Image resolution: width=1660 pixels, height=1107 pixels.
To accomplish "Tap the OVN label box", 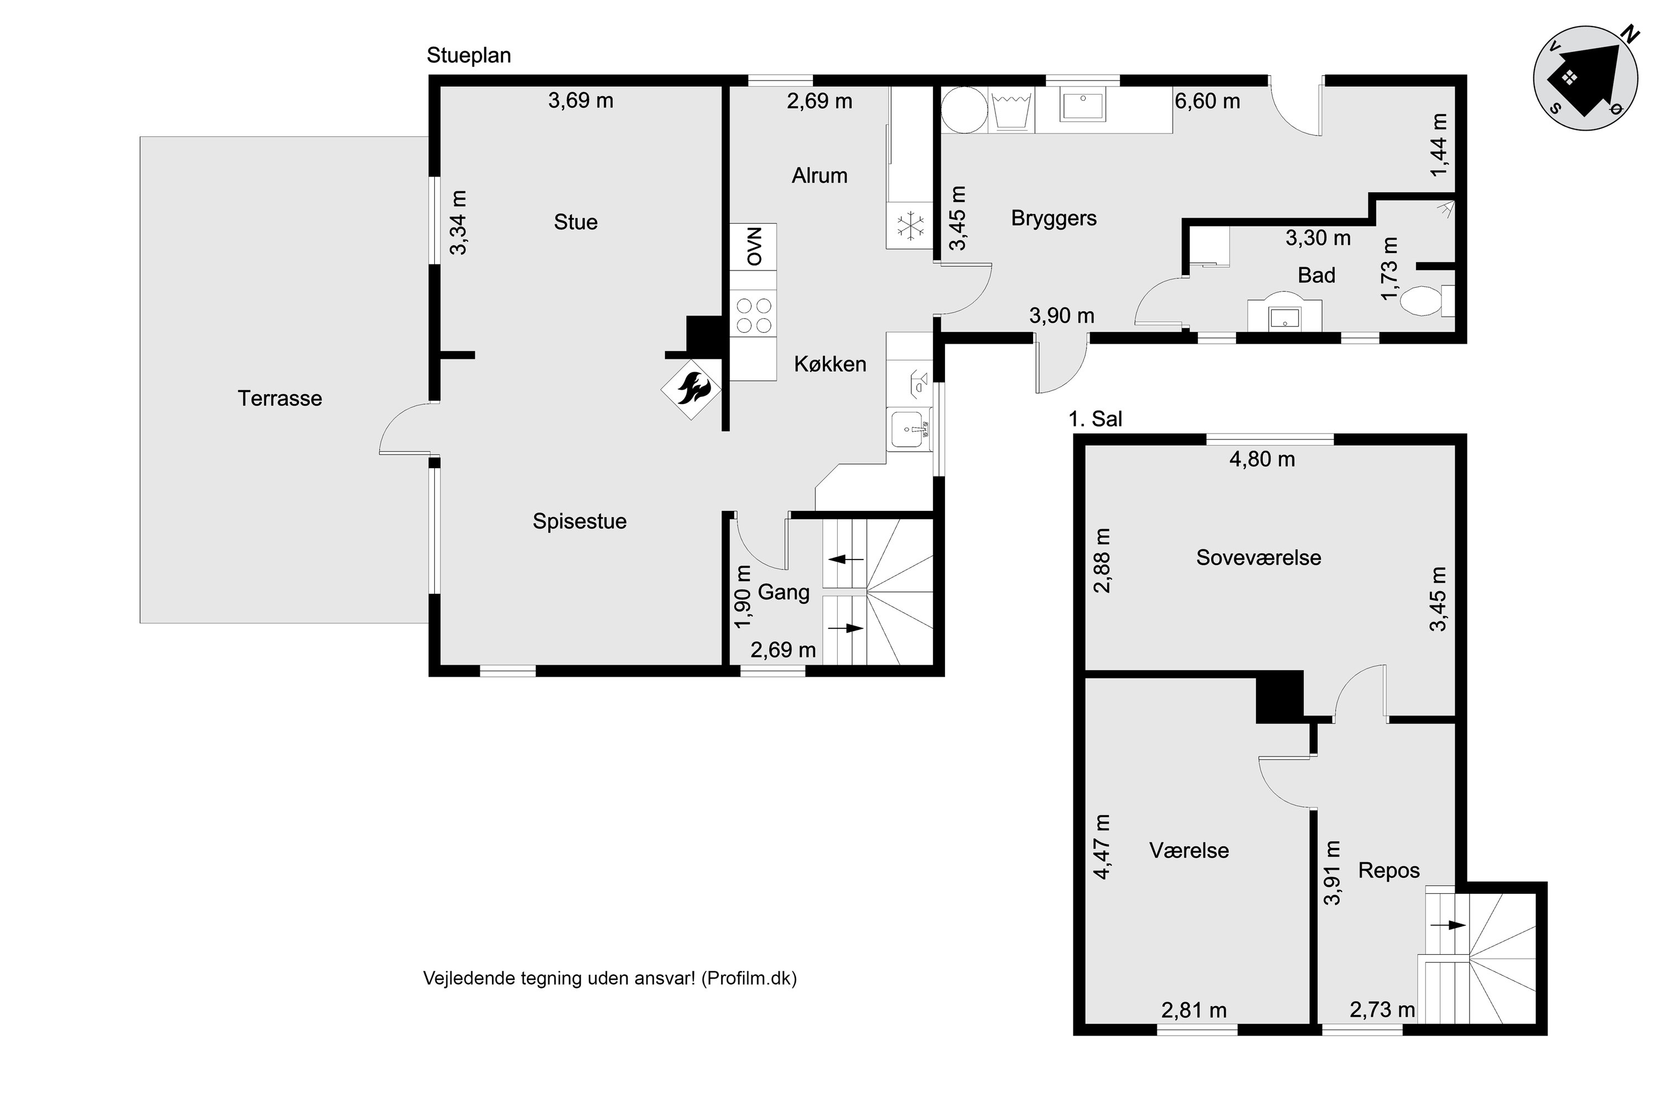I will (753, 246).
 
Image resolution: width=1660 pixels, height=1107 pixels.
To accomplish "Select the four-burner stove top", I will (753, 315).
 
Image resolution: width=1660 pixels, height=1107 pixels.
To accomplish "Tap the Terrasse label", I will (279, 398).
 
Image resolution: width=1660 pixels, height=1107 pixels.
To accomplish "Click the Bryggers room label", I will (1053, 218).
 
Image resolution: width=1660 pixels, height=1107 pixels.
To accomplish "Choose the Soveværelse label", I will (1258, 558).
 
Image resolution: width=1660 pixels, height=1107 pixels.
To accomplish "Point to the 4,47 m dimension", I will (1102, 846).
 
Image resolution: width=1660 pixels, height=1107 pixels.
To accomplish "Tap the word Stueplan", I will (469, 56).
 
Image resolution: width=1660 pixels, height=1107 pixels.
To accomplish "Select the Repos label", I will (1388, 871).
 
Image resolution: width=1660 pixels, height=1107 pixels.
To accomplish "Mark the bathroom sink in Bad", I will (1284, 318).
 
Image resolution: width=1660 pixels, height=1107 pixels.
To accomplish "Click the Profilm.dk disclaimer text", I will (610, 979).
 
